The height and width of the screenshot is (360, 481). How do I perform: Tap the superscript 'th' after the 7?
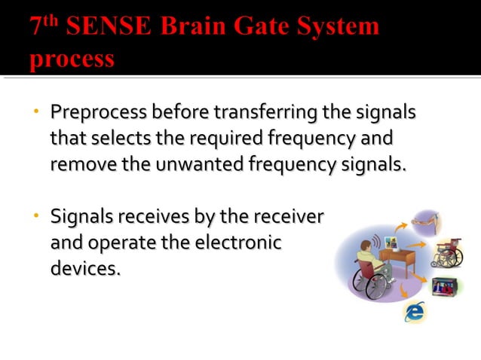(x=51, y=20)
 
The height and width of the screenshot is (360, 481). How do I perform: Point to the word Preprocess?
(x=99, y=114)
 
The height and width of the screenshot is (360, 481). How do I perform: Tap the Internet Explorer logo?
(x=415, y=311)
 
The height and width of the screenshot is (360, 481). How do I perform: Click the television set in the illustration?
(x=445, y=287)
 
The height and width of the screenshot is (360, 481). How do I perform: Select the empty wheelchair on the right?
(x=447, y=253)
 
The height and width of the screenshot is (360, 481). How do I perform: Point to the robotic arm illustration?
(x=430, y=222)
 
